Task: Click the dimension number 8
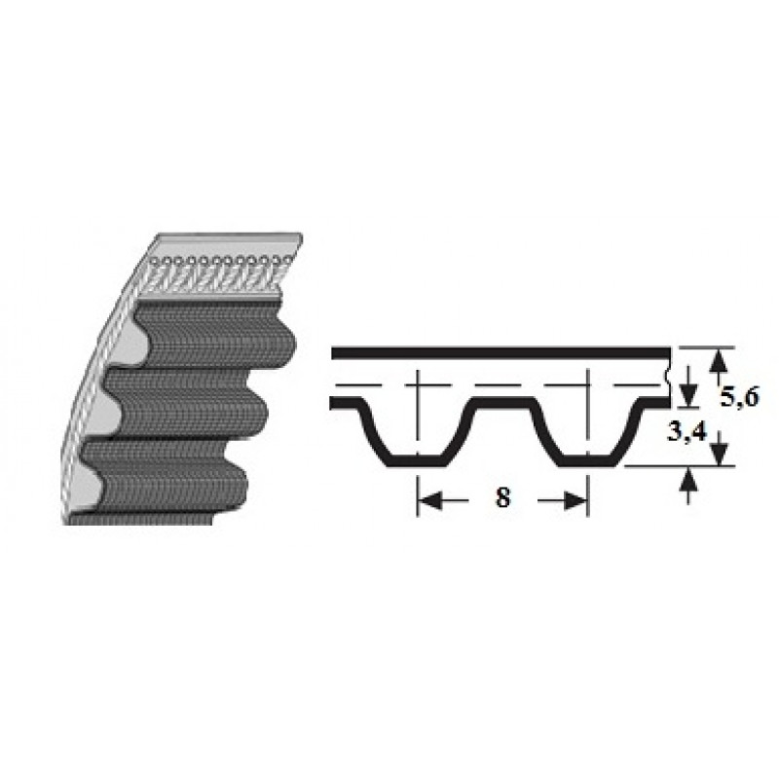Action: [502, 496]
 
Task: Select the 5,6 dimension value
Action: [740, 396]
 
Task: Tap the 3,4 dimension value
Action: [686, 432]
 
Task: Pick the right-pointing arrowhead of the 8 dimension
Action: [575, 500]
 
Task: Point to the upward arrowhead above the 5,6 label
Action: [719, 360]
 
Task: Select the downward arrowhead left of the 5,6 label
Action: [687, 394]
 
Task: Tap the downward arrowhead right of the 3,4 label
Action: [719, 453]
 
